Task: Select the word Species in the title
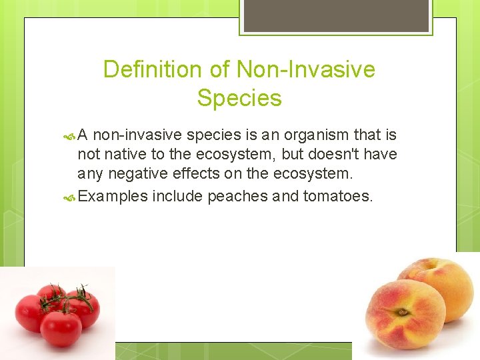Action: (x=239, y=99)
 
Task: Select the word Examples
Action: (x=112, y=196)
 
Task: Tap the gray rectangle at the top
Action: (x=336, y=15)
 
